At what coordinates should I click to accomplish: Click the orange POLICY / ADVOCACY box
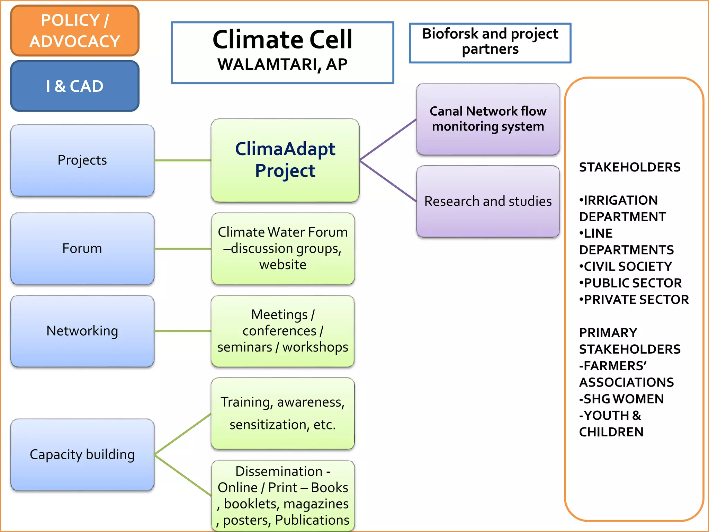(x=75, y=30)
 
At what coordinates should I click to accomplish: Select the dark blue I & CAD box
(x=75, y=86)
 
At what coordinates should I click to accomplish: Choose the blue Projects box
(x=82, y=160)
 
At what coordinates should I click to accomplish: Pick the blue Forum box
(x=82, y=248)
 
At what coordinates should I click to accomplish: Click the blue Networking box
(x=82, y=331)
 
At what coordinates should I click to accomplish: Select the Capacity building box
(x=82, y=454)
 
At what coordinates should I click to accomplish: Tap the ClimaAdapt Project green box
(x=285, y=160)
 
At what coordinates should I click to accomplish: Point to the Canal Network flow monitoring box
(x=488, y=119)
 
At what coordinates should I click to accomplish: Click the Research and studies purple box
(x=488, y=201)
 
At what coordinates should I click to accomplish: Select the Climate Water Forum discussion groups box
(x=282, y=248)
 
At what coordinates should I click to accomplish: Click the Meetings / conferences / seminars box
(x=282, y=331)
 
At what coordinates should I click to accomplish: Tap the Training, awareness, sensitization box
(x=282, y=413)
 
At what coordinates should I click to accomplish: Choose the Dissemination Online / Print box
(x=282, y=495)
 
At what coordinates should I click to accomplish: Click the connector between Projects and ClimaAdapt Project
(x=182, y=160)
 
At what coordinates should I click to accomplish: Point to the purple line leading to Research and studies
(x=388, y=180)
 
